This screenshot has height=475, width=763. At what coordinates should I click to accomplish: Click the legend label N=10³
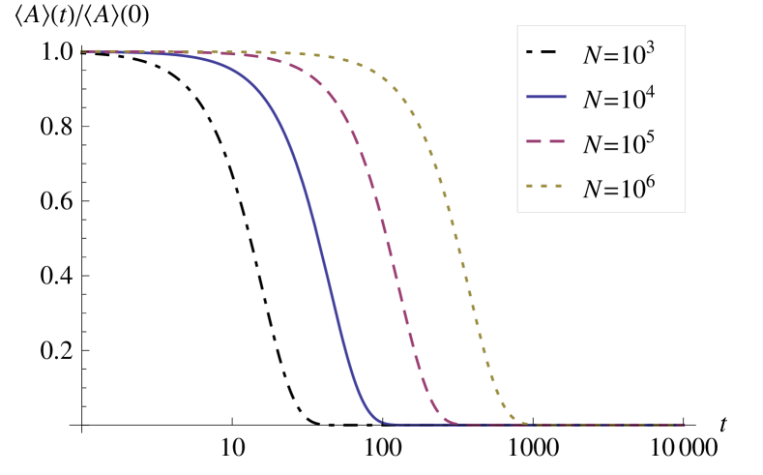point(619,54)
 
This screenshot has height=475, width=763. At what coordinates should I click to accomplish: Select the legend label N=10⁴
point(619,99)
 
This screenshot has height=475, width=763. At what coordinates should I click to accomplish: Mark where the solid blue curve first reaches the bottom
point(385,423)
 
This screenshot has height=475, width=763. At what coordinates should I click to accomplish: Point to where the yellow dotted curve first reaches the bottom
point(528,423)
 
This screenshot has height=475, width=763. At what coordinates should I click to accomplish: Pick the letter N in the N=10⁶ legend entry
point(592,190)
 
